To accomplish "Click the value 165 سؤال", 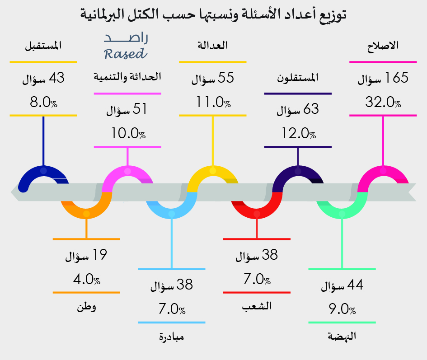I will coord(383,79).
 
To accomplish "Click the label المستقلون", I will coord(298,78).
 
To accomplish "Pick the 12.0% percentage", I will coord(298,133).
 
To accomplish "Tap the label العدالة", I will coord(212,46).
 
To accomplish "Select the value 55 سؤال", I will coord(212,79).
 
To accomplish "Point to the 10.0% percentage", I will coord(128,133).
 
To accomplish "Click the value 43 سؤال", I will coord(43,79).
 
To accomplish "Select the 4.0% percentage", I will coord(87,279).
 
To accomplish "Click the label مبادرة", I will coord(172,337).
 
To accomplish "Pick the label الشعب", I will coord(257,306).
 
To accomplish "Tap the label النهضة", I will coord(342,337).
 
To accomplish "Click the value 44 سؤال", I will coord(342,286).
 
